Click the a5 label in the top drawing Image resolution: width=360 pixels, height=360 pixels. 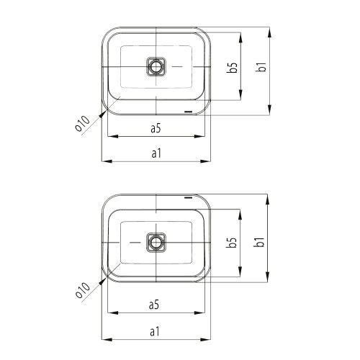pos(156,128)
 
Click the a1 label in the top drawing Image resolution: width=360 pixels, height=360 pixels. pos(156,153)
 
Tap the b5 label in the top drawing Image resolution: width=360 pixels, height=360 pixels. pos(233,67)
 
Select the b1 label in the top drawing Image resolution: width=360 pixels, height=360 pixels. pos(261,67)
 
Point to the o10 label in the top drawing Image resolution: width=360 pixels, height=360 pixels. pos(82,123)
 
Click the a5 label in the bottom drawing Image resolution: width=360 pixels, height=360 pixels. pos(154,305)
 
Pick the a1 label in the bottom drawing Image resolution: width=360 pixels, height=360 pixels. pos(155,332)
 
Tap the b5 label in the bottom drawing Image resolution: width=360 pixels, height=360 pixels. pos(232,243)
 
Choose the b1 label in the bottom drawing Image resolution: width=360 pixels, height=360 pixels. pos(259,242)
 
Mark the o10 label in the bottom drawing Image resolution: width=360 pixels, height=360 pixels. pos(82,290)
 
